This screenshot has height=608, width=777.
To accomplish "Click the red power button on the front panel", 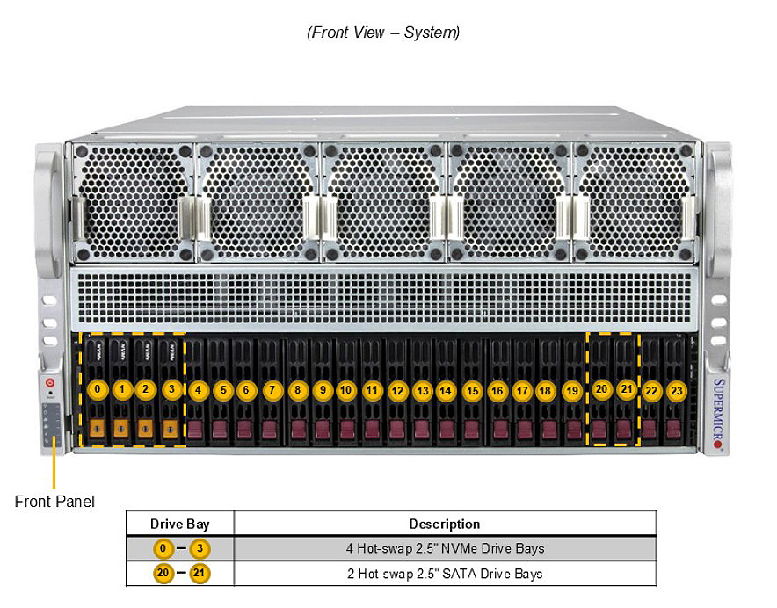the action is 50,382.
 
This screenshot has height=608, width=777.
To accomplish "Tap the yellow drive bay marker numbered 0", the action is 98,389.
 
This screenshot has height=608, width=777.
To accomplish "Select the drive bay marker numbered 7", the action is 272,390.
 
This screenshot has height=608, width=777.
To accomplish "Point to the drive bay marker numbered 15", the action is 473,391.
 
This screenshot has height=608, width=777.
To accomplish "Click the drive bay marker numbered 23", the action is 677,391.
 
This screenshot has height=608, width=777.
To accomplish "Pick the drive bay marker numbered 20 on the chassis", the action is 601,389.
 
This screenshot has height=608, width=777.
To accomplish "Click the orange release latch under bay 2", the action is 145,428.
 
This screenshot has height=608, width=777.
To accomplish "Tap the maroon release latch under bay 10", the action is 347,429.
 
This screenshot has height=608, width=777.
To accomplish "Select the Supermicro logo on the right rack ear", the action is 718,412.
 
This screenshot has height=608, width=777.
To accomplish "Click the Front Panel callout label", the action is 54,502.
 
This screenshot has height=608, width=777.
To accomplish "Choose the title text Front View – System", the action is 383,33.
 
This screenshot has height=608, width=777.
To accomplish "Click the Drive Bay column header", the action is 180,524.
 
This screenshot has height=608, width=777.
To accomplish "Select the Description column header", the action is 445,524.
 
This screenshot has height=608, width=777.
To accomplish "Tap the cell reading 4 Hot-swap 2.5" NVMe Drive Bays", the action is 445,548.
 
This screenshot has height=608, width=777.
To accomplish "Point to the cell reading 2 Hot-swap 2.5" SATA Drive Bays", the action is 445,574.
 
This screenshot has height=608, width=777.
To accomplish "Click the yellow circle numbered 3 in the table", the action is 200,548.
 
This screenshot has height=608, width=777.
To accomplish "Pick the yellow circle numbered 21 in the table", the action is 200,574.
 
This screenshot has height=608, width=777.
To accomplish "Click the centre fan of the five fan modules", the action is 383,202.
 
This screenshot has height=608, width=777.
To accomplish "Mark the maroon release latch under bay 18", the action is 549,429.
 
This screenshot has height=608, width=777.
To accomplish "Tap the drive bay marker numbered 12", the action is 397,391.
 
